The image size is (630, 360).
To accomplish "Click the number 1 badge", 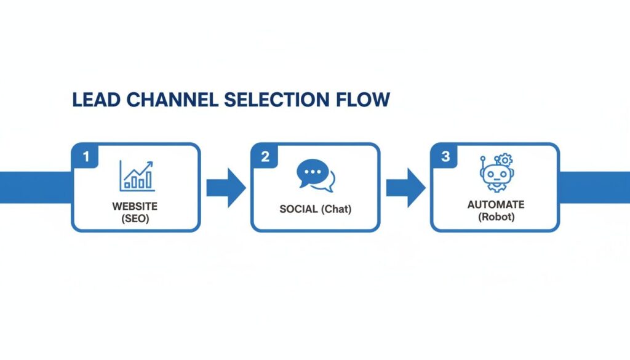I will click(86, 156).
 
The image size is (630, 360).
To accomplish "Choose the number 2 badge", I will click(265, 156).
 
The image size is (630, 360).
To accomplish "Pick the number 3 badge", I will click(445, 156).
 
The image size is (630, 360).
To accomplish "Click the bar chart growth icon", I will click(136, 175).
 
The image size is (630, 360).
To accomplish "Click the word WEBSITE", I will click(135, 205).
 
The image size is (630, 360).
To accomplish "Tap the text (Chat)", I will click(336, 209).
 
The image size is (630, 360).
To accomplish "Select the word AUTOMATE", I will click(495, 205).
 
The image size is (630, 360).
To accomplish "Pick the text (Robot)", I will click(495, 217).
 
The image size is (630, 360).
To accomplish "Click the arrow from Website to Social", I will click(225, 187).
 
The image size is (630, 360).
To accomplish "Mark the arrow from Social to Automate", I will click(405, 187).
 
